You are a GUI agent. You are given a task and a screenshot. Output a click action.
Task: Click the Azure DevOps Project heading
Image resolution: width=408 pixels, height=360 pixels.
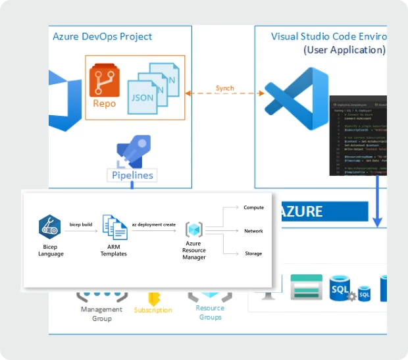(x=102, y=37)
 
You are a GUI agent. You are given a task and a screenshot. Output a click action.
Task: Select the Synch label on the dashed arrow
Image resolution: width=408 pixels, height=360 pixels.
(x=224, y=88)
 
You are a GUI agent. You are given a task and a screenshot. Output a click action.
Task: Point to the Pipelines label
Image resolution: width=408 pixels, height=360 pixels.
(x=132, y=175)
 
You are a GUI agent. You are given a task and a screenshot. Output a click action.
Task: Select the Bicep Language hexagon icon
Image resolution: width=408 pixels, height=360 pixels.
(x=50, y=227)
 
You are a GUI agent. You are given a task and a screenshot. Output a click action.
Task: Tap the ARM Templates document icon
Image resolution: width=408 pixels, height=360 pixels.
(x=115, y=227)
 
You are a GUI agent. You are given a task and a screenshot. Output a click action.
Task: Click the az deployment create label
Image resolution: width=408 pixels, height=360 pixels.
(x=153, y=224)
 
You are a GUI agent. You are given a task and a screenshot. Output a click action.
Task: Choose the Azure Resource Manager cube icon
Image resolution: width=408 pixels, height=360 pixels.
(x=193, y=230)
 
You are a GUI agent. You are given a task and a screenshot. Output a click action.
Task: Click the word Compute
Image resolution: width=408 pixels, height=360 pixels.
(x=253, y=208)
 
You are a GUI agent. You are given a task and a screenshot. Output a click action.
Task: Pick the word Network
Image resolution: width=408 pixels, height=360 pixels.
(x=253, y=231)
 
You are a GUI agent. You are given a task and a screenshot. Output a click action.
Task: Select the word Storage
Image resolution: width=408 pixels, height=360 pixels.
(x=253, y=253)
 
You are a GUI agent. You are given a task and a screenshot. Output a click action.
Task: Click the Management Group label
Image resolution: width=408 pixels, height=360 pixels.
(x=101, y=314)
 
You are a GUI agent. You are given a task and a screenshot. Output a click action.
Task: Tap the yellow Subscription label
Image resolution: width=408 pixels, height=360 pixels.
(x=153, y=310)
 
